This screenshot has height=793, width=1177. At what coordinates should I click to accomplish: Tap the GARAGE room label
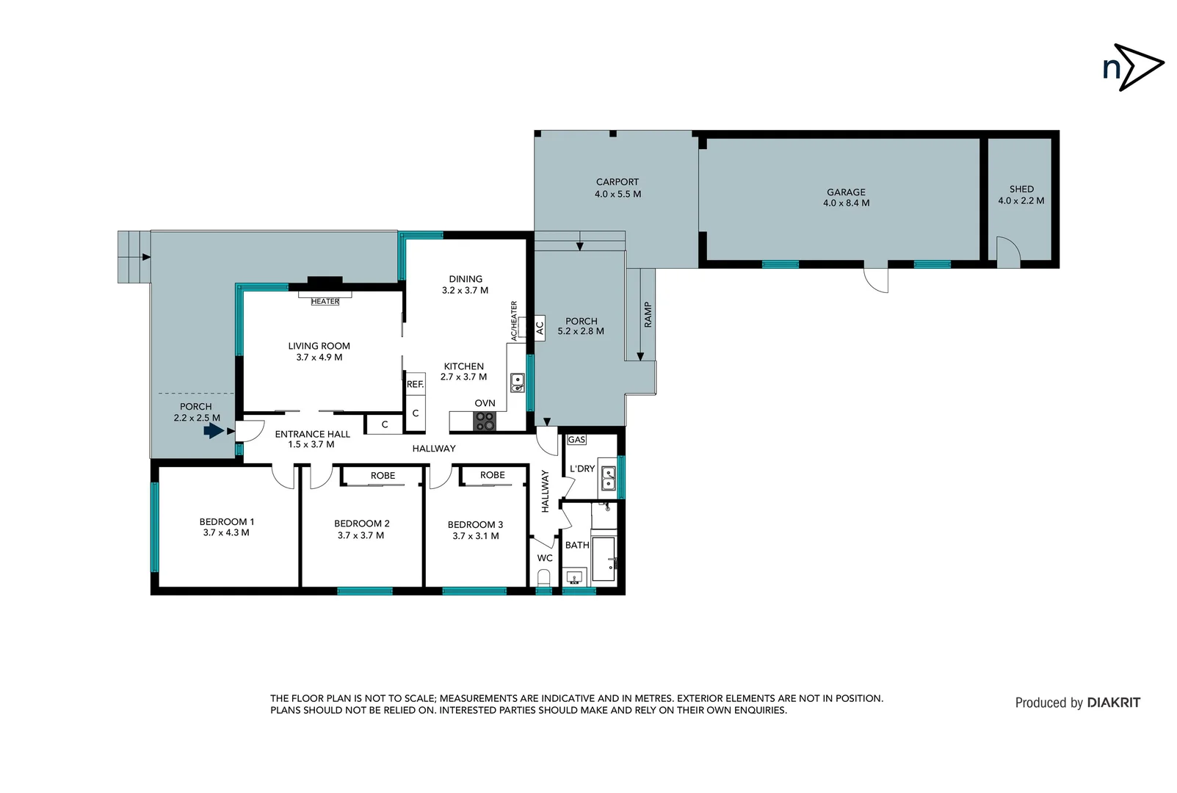846,192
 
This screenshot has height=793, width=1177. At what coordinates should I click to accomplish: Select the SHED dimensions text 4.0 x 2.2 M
1021,200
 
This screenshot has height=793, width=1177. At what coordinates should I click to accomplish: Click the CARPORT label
617,182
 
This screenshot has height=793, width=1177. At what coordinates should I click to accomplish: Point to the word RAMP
648,314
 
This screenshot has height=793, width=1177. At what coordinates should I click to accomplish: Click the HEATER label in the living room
325,302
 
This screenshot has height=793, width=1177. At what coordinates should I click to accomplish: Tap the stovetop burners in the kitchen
485,421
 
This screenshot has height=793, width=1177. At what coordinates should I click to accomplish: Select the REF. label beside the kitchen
415,384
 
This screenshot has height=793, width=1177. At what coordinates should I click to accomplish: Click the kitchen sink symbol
518,382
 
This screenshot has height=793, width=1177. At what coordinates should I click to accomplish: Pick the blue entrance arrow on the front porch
214,431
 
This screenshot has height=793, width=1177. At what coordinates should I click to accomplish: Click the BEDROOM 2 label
361,524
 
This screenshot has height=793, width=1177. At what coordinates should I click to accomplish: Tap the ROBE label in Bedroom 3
492,475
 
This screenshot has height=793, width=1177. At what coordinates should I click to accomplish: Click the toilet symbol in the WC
544,579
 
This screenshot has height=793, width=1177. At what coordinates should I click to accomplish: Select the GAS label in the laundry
576,440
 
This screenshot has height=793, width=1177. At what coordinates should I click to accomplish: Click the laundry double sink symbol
608,478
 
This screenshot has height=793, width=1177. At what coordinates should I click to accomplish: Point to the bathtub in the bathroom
604,559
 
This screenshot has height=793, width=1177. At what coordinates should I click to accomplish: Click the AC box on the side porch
540,327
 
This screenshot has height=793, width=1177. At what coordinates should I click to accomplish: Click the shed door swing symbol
1007,252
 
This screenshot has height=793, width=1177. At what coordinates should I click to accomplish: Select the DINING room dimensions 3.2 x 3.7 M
465,291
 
